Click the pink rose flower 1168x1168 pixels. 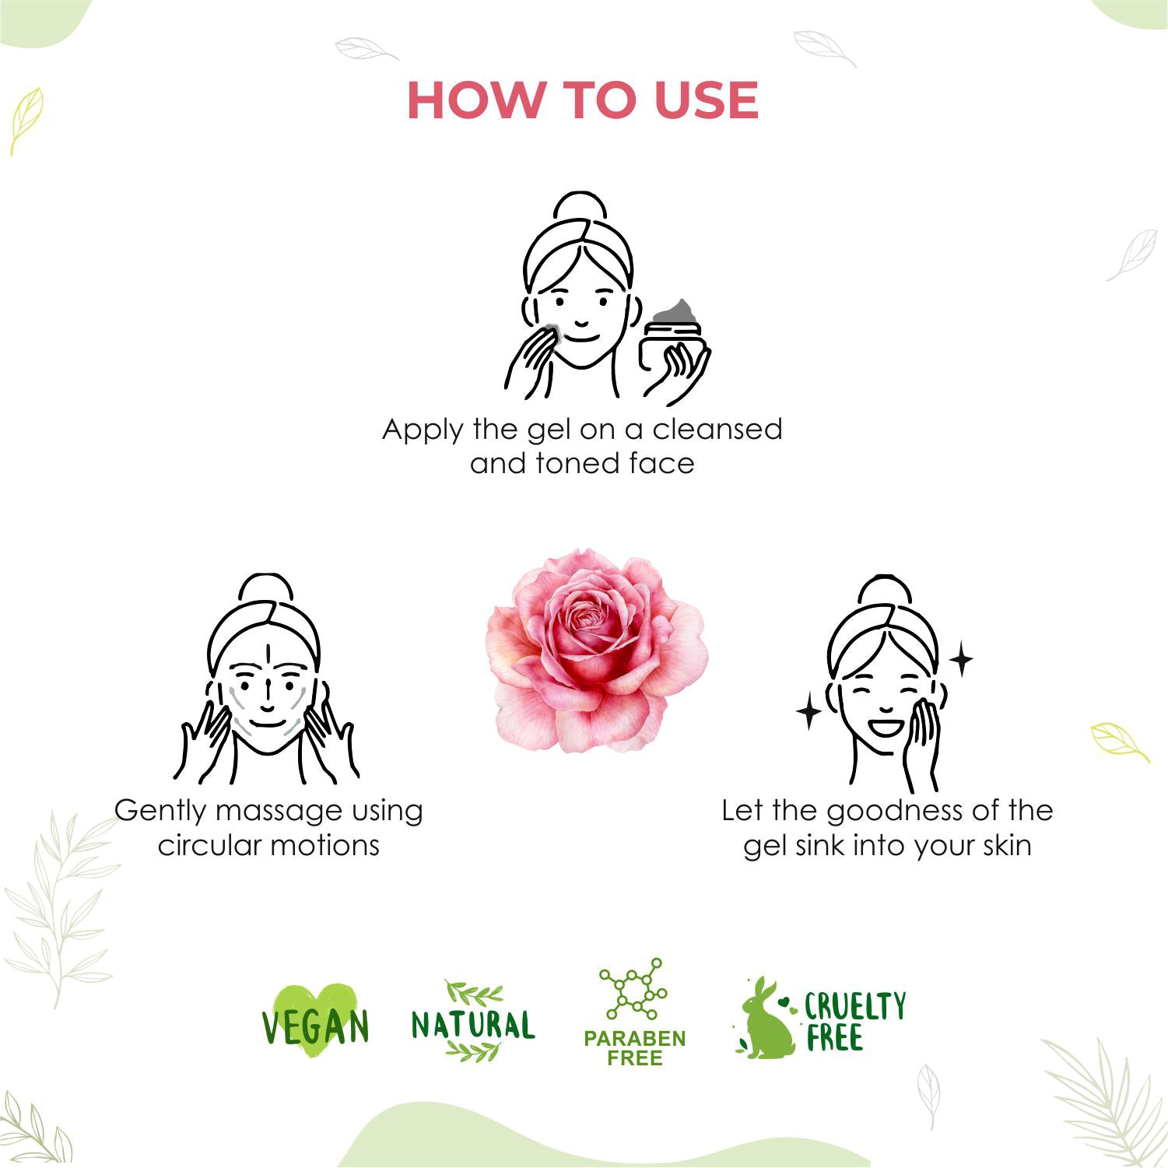click(x=598, y=650)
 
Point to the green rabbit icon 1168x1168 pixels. click(x=766, y=1019)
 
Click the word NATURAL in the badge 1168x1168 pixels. click(x=473, y=1025)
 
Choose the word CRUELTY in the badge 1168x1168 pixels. click(x=855, y=1006)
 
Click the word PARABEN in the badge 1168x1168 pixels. click(x=635, y=1039)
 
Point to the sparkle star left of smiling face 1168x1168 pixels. click(x=809, y=712)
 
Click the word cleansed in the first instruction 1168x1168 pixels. click(x=717, y=429)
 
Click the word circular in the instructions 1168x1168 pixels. click(x=202, y=845)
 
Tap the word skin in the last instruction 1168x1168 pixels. click(x=1006, y=845)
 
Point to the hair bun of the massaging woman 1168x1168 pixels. click(x=265, y=589)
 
